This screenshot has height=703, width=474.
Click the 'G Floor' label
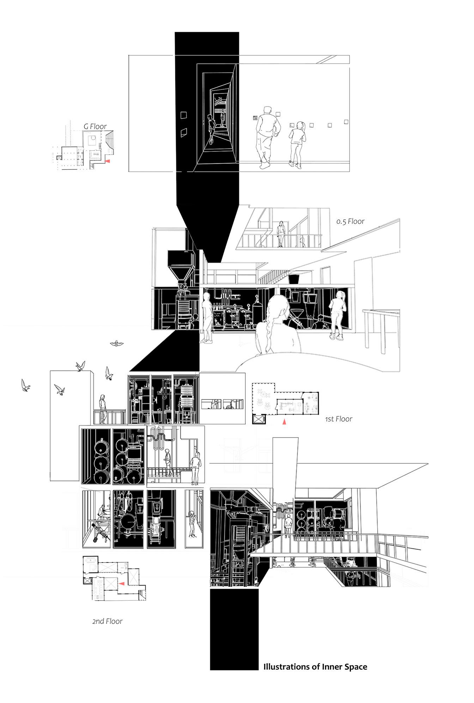(x=95, y=126)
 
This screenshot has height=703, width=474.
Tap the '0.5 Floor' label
(x=350, y=221)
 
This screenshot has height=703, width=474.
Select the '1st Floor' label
(x=339, y=419)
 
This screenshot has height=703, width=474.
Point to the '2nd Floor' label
(x=107, y=621)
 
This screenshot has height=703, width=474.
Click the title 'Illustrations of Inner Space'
(x=315, y=667)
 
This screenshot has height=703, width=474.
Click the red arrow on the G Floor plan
(x=108, y=161)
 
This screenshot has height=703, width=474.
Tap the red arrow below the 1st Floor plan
(x=284, y=421)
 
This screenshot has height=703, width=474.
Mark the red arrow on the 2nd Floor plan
(x=121, y=584)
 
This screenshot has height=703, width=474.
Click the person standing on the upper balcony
(x=281, y=233)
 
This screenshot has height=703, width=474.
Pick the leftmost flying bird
(x=25, y=385)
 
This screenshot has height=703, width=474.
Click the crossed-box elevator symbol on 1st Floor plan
(x=259, y=419)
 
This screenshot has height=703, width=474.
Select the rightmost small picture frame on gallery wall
(x=346, y=122)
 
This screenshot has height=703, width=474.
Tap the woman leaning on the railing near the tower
(x=103, y=409)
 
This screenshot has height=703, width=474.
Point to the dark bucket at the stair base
(x=293, y=279)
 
